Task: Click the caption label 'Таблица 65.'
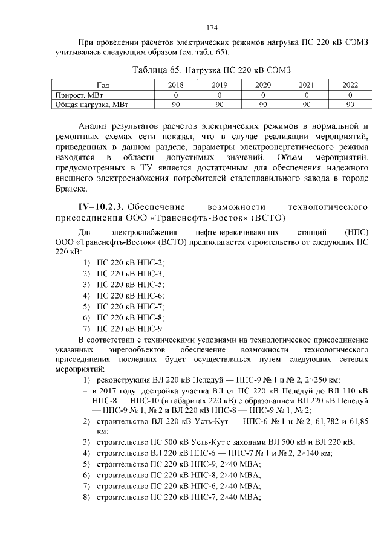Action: coord(160,70)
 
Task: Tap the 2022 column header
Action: coord(350,86)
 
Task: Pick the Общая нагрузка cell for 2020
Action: coord(263,104)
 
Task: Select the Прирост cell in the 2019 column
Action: coord(220,95)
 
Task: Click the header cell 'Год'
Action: coord(103,86)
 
